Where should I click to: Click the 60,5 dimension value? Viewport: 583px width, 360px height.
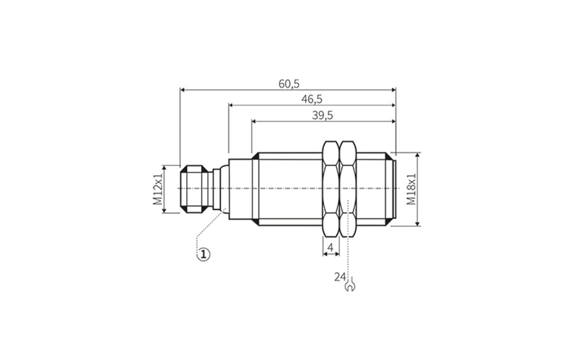coord(289,84)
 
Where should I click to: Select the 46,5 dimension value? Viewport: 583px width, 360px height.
coord(312,99)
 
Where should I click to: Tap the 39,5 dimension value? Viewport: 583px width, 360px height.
coord(323,115)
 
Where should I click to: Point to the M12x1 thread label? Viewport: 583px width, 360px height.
coord(157,189)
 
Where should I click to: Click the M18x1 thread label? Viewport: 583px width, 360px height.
coord(411,189)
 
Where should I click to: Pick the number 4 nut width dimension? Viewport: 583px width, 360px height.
coord(330,247)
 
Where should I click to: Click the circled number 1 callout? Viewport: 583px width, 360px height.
coord(203,254)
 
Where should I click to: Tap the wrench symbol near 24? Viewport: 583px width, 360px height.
coord(350,284)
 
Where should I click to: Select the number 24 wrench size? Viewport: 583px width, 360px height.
coord(340,277)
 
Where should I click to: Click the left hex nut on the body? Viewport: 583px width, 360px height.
coord(331,189)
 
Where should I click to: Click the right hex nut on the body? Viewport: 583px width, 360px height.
coord(348,189)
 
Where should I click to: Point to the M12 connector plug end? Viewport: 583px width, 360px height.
coord(194,189)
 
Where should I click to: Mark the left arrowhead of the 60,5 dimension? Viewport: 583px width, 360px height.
coord(182,90)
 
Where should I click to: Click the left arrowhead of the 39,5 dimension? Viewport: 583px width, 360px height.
coord(254,121)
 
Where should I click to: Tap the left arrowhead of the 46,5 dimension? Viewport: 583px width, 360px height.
coord(231,105)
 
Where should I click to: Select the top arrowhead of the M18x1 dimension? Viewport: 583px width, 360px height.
coord(417,155)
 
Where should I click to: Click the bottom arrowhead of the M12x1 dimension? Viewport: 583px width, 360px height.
coord(164,211)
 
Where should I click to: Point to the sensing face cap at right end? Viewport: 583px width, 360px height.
coord(394,189)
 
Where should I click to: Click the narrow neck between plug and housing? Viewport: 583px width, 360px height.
coord(217,189)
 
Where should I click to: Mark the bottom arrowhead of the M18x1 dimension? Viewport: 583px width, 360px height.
coord(417,224)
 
